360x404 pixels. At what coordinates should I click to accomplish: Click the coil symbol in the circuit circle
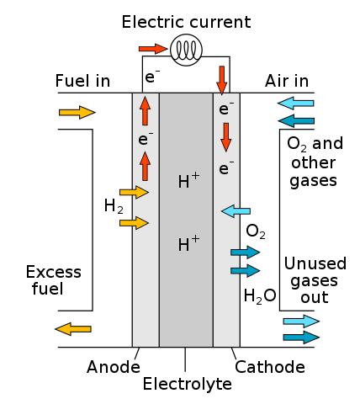tap(186, 50)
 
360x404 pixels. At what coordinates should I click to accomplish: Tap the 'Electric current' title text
tap(186, 22)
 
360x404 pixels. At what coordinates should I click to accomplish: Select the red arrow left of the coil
tap(153, 49)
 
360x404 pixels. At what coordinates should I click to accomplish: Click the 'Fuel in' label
tap(82, 81)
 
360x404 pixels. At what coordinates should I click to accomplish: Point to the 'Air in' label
tap(287, 81)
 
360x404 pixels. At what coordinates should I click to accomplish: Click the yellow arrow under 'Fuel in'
tap(77, 113)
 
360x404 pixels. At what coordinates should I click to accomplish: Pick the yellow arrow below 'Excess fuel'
tap(73, 329)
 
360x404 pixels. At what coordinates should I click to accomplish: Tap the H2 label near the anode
tap(114, 206)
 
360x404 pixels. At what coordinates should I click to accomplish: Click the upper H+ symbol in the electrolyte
tap(188, 180)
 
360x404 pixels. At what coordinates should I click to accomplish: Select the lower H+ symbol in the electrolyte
tap(188, 243)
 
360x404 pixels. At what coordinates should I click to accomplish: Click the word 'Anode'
tap(114, 367)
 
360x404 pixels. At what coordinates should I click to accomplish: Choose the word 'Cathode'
tap(270, 367)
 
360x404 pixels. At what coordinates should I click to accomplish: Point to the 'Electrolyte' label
tap(188, 384)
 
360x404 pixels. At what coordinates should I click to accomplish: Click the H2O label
tap(260, 296)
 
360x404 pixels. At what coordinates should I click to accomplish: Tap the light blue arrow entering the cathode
tap(236, 211)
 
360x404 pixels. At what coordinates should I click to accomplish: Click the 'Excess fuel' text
tap(54, 280)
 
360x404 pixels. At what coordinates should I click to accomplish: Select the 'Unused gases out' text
tap(315, 280)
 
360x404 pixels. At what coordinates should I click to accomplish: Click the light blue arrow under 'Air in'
tap(296, 104)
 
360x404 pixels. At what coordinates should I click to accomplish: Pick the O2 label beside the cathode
tap(256, 231)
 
